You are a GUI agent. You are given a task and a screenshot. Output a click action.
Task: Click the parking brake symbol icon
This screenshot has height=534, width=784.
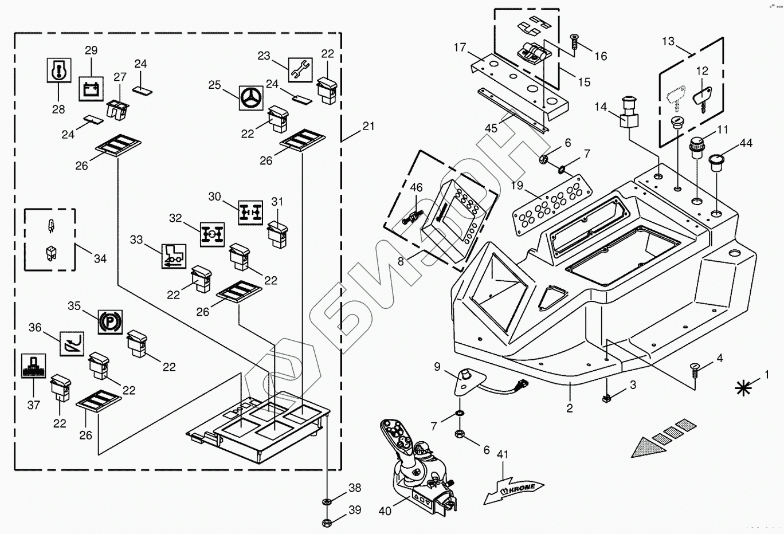pyautogui.click(x=110, y=321)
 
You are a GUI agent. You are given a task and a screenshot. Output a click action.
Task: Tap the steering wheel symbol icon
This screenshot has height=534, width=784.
pyautogui.click(x=251, y=98)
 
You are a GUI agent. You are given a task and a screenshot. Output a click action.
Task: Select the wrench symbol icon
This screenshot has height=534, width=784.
pyautogui.click(x=300, y=70)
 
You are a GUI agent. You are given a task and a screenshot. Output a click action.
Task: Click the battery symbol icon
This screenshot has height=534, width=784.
pyautogui.click(x=91, y=89)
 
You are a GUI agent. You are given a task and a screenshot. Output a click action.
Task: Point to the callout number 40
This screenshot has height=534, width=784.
pyautogui.click(x=385, y=511)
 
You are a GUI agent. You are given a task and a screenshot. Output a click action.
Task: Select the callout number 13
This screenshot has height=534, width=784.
pyautogui.click(x=668, y=41)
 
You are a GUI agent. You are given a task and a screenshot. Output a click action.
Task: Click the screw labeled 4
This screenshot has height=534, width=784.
pyautogui.click(x=695, y=370)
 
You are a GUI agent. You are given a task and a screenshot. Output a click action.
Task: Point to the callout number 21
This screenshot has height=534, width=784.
pyautogui.click(x=368, y=126)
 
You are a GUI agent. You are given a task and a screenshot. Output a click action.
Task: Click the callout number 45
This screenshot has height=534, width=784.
pyautogui.click(x=491, y=128)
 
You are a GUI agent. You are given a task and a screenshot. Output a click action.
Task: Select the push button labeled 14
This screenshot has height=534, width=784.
pyautogui.click(x=629, y=113)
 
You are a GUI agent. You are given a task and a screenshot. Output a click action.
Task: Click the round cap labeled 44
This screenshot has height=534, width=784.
pyautogui.click(x=716, y=164)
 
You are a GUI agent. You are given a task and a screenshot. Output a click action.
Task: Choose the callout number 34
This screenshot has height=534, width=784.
pyautogui.click(x=100, y=258)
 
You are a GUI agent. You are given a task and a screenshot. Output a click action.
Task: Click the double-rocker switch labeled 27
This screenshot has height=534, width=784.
pyautogui.click(x=117, y=110)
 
